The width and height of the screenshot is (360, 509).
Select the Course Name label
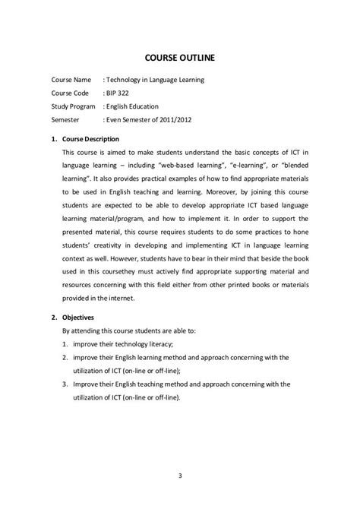coord(71,79)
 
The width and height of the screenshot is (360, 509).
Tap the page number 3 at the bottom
coord(181,477)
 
